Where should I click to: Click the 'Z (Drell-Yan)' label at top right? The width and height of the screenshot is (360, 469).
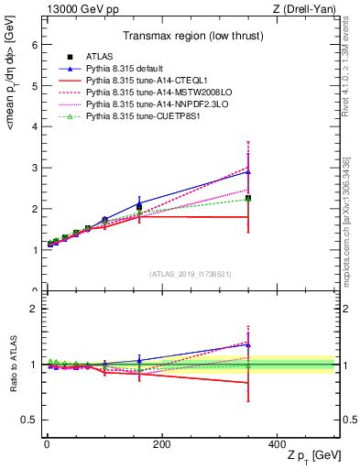click(x=309, y=9)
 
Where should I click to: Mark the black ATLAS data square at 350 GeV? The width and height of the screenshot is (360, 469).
click(x=248, y=198)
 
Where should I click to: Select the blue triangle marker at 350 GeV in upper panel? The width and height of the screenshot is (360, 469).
click(x=248, y=171)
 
